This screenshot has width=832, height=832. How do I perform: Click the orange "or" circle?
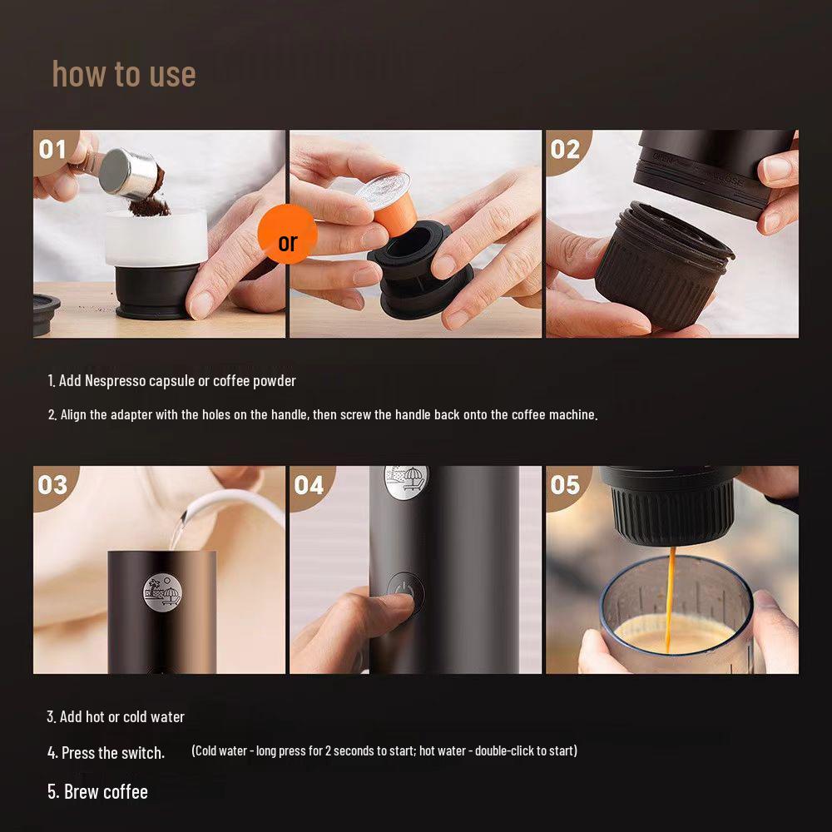point(288,234)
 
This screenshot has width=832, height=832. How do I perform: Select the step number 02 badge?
point(566,150)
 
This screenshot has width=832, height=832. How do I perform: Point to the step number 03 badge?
point(53,486)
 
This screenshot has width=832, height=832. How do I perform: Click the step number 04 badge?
point(310,486)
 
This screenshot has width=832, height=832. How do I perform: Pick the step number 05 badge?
point(566,486)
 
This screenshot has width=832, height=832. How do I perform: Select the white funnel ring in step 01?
point(156,238)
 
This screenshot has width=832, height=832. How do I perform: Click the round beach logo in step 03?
point(163,592)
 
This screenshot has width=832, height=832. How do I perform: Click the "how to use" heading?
point(124,74)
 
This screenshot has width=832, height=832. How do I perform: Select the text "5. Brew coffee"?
point(97,792)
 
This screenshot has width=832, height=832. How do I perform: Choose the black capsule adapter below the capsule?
point(420,270)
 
